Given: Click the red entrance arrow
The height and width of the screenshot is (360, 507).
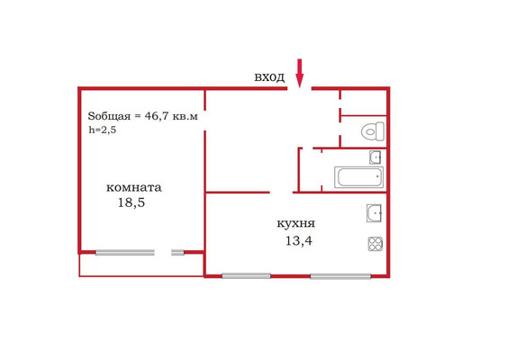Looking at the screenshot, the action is pos(300,74).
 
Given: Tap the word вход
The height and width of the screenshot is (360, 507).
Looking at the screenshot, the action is pos(269,77).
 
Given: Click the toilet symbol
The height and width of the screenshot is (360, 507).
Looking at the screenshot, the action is pos(373,131).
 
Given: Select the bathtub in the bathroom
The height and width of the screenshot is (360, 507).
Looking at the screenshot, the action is pos(359,177).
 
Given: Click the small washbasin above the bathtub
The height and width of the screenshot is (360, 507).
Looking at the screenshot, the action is pos(376,157).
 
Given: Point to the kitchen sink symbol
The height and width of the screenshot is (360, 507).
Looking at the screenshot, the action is pos(374,213).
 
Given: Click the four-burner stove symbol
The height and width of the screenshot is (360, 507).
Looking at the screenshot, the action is pos(376,244).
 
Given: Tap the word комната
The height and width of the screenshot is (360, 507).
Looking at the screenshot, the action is pos(134,188).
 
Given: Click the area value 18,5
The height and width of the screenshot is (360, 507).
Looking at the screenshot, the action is pos(131,202).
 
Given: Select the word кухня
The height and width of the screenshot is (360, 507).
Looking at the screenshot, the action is pos(296,224).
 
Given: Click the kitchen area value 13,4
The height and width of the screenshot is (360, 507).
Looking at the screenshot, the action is pos(299,241).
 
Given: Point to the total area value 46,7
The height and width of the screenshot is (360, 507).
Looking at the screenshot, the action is pos(157,116).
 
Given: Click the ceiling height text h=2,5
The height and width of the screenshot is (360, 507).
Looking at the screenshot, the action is pos(103,130).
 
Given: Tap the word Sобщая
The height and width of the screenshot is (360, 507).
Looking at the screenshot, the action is pos(109,116).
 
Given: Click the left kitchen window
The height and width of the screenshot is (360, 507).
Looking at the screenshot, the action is pos(246,276).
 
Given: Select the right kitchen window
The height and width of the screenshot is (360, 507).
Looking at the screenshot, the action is pos(340,276).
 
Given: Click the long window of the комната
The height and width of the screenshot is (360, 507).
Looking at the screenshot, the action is pos(125,253).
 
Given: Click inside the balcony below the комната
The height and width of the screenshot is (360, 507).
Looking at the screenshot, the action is pos(141,265).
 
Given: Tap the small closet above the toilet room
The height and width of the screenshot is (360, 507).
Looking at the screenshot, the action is pos(364,103).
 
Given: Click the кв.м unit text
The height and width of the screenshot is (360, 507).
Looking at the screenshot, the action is pos(185,116).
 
